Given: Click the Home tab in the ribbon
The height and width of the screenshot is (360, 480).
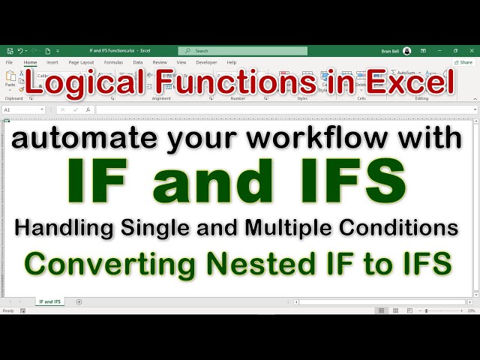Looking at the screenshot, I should click(30, 62).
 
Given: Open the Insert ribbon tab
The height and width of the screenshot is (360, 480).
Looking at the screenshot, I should click(52, 62).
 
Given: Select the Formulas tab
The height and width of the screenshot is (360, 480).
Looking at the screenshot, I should click(113, 62).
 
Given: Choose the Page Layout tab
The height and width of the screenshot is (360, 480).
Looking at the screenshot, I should click(81, 62).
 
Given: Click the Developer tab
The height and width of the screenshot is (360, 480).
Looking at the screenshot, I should click(206, 62).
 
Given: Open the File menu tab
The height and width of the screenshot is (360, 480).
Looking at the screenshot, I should click(10, 62).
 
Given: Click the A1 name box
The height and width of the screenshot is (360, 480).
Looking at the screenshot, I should click(22, 109).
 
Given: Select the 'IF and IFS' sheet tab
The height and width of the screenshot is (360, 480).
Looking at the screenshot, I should click(49, 301).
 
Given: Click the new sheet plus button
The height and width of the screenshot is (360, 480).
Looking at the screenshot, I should click(79, 301).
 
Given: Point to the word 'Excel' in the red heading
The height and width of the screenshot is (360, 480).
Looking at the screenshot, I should click(411, 83).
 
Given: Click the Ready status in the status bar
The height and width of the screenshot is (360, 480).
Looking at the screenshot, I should click(8, 310).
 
